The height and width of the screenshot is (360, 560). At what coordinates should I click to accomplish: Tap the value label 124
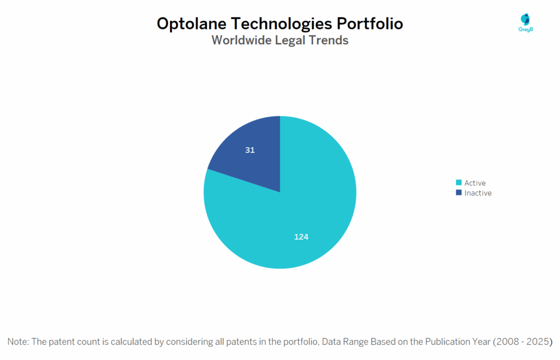[301, 237]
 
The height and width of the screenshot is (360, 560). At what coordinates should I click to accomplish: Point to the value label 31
[250, 150]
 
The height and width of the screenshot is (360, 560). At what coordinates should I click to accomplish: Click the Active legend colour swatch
[458, 183]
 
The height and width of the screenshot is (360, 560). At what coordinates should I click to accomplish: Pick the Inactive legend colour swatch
[458, 193]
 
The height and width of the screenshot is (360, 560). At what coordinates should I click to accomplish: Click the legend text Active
[475, 183]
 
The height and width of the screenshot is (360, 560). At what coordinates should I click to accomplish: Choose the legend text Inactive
[478, 193]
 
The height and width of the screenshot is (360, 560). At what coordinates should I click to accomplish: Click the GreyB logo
[526, 22]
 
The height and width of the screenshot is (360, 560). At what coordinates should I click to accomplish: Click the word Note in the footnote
[17, 341]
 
